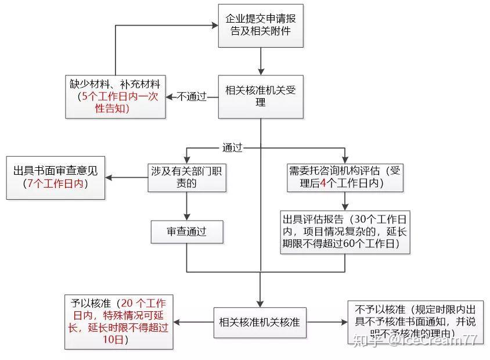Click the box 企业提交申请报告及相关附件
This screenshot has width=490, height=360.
261,25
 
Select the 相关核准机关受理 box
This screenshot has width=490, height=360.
261,96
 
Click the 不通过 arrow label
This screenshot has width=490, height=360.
192,97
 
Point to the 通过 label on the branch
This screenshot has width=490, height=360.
232,147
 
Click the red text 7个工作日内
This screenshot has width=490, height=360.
56,183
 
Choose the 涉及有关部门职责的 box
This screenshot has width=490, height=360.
186,177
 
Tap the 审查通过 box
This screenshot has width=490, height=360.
186,232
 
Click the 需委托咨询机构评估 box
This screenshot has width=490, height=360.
345,177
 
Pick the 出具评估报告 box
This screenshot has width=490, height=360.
345,232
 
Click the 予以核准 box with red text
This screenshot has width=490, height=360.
118,321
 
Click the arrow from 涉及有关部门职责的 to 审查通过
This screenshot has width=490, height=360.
186,206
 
